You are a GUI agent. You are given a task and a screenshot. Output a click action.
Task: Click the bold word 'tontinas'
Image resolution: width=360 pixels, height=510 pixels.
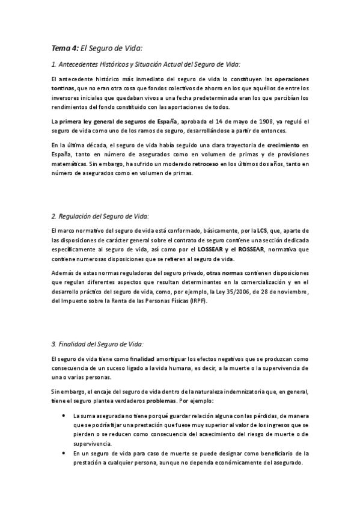tap(63, 88)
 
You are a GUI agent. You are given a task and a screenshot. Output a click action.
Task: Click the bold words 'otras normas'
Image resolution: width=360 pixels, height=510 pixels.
tap(225, 274)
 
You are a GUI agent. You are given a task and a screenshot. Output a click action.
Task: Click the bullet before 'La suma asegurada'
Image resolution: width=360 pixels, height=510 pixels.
tap(64, 416)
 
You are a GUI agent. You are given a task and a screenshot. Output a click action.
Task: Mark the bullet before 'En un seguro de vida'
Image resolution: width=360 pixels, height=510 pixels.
tap(64, 453)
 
